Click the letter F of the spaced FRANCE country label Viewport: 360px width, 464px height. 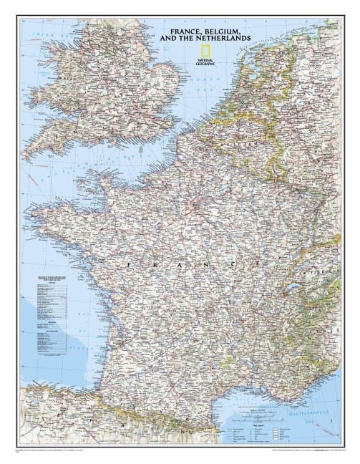[x=129, y=264]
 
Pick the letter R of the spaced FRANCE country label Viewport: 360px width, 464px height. [x=155, y=264]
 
